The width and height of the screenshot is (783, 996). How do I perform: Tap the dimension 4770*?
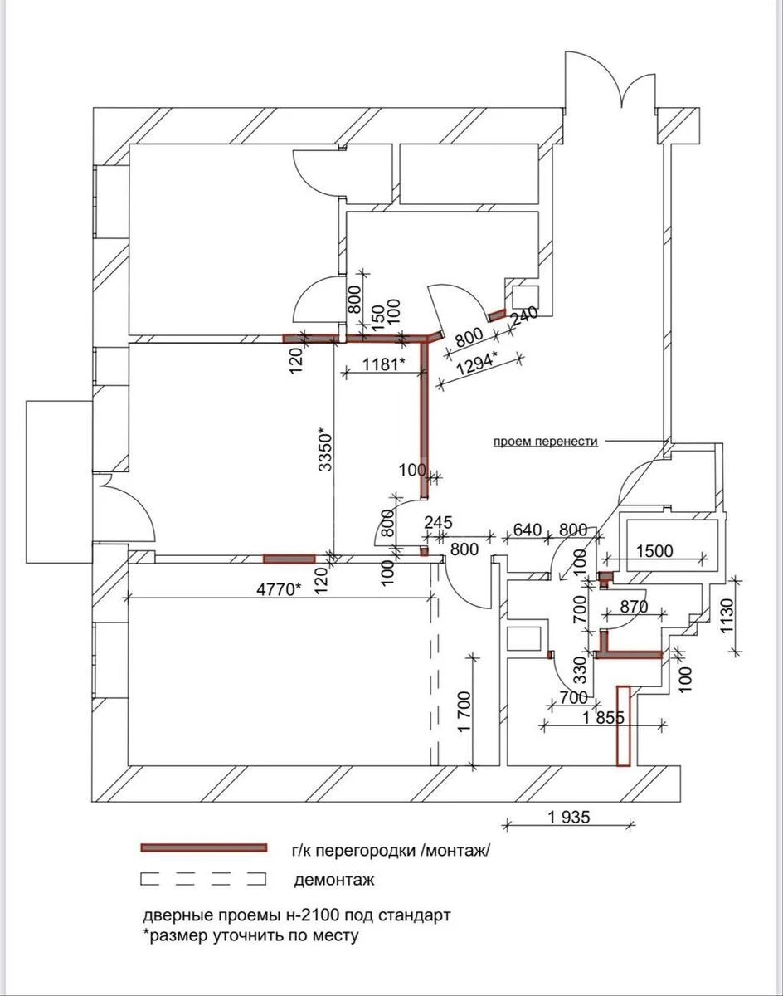275,588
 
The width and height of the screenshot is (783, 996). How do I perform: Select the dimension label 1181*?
382,364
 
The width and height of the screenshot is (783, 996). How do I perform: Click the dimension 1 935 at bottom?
569,817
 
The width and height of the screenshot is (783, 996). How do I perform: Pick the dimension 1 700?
464,713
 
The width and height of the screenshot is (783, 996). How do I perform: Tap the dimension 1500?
655,550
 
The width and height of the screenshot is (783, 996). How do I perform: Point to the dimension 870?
634,607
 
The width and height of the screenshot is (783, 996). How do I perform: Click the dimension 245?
438,523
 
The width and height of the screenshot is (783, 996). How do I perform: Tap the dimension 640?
527,530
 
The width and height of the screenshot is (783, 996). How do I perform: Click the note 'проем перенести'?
546,442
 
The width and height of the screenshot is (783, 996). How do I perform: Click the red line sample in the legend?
204,847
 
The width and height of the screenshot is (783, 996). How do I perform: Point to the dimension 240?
524,316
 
